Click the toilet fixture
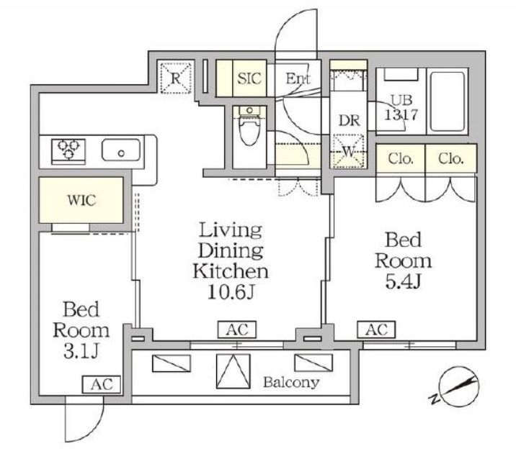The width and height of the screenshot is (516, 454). (x=249, y=127)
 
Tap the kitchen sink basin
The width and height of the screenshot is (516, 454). (x=121, y=150)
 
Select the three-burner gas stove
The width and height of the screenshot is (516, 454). (x=68, y=150)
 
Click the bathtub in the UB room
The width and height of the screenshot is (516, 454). (x=448, y=101)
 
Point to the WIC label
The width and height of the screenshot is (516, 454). (x=82, y=200)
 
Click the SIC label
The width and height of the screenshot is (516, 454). (x=249, y=78)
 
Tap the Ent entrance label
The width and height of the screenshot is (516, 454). (x=298, y=78)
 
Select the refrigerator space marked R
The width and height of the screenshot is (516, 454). (x=176, y=78)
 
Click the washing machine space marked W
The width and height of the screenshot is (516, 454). (x=349, y=151)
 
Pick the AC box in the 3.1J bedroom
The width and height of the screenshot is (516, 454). (x=102, y=384)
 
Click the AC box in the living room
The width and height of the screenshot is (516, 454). (x=237, y=330)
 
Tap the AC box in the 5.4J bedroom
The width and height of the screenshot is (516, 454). (x=376, y=329)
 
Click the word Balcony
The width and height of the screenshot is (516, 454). (x=291, y=382)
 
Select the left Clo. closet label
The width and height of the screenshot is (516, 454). (x=401, y=159)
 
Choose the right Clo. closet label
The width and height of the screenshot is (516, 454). (x=451, y=159)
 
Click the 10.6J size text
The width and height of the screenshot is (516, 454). (x=231, y=291)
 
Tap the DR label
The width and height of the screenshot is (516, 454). (x=349, y=121)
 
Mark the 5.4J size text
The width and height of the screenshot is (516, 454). (x=404, y=281)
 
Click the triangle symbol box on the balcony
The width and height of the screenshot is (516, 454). (x=233, y=371)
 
